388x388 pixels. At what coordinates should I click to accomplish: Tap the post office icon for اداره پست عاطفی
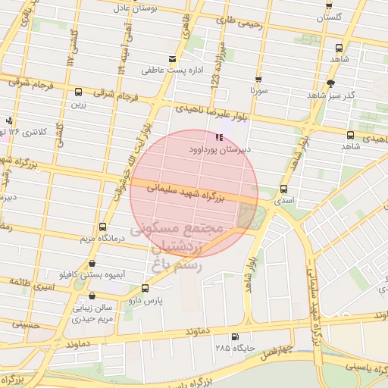[x=173, y=58]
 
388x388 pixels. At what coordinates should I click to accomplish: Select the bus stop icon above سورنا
[x=259, y=79]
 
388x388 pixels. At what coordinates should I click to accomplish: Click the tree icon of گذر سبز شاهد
[x=330, y=83]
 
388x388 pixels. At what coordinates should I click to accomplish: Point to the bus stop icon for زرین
[x=78, y=92]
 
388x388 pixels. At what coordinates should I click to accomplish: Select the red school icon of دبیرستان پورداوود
[x=219, y=137]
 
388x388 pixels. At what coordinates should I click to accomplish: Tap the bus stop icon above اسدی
[x=284, y=189]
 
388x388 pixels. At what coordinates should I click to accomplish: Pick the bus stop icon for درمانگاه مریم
[x=102, y=227]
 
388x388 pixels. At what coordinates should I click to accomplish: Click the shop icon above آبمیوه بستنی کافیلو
[x=92, y=264]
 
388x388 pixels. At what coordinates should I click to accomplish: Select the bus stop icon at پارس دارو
[x=145, y=288]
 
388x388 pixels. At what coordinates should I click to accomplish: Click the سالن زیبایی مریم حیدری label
[x=92, y=314]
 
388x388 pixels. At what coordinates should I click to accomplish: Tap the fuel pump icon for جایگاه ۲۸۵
[x=234, y=337]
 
